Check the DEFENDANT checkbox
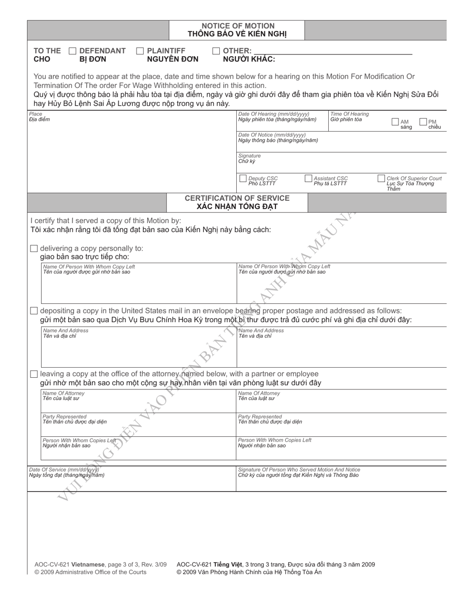point(73,51)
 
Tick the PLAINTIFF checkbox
point(140,51)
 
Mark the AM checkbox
point(395,122)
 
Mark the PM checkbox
point(423,122)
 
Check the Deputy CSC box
point(243,178)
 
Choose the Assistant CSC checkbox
point(308,178)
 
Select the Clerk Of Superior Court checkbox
point(382,178)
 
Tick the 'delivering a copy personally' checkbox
point(34,248)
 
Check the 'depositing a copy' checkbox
point(34,310)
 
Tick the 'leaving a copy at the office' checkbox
point(34,374)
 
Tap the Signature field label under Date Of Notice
point(249,156)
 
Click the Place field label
point(35,114)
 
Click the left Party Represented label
point(64,416)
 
